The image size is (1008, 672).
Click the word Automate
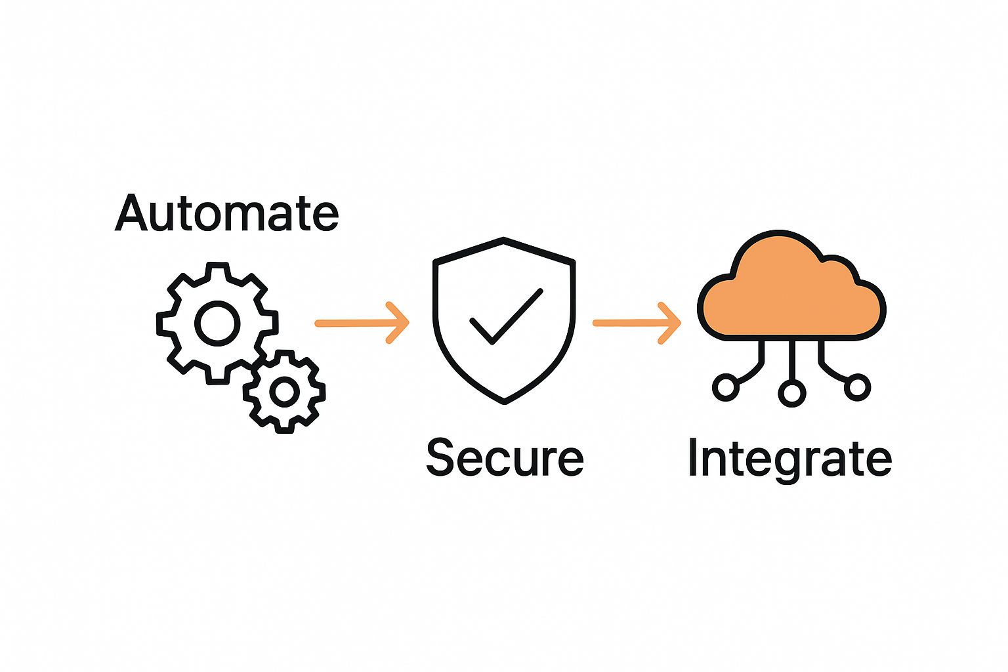point(227,213)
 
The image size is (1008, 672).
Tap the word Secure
point(505,457)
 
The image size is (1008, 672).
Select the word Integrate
point(789,459)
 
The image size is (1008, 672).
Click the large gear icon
point(217,323)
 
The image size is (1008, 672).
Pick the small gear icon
point(284,392)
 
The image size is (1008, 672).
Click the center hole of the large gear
point(217,323)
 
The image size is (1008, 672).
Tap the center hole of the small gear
point(284,392)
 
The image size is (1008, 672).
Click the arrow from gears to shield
point(362,323)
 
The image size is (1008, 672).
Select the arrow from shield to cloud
point(637,323)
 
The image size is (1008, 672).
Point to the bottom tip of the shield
point(504,401)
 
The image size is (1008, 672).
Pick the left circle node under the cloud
point(726,387)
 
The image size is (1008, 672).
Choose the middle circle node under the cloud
point(791,393)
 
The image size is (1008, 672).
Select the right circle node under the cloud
point(857,387)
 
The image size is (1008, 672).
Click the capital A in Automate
point(131,213)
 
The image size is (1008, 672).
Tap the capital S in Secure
point(440,457)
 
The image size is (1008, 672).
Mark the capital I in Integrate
point(693,457)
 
